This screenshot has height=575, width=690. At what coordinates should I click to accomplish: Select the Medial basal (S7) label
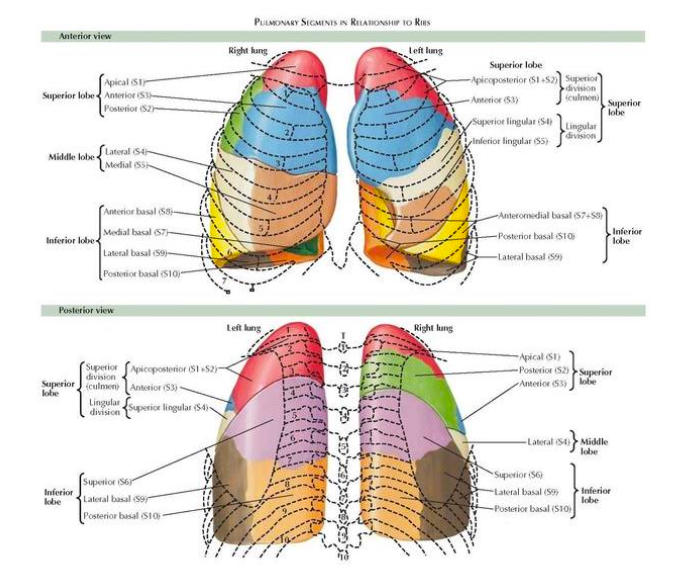click(x=135, y=232)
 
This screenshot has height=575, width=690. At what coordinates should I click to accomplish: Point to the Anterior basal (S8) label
click(x=138, y=212)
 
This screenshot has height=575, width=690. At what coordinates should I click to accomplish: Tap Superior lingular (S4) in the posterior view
click(x=167, y=407)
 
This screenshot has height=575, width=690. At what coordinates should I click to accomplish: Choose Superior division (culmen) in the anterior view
click(x=581, y=85)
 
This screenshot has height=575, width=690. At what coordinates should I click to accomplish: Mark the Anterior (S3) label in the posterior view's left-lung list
click(x=153, y=387)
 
